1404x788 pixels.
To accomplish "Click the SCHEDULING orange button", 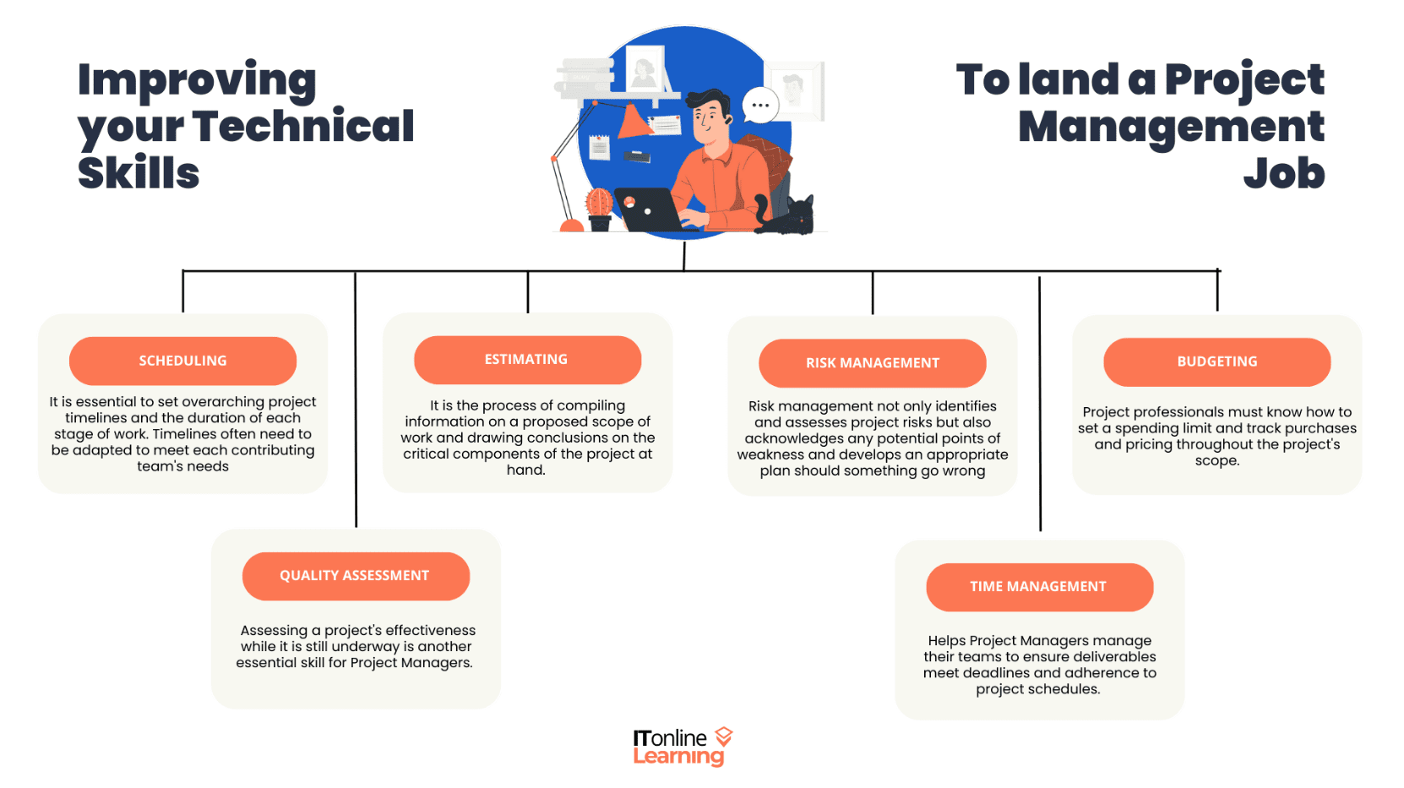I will pyautogui.click(x=182, y=361).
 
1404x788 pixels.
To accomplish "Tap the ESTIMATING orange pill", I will pyautogui.click(x=527, y=360).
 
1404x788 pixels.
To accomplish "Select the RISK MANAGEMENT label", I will pyautogui.click(x=872, y=363).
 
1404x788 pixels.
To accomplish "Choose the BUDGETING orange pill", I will pyautogui.click(x=1216, y=361).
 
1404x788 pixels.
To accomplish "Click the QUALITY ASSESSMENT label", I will pyautogui.click(x=355, y=576).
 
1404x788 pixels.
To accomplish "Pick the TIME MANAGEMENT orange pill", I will pyautogui.click(x=1038, y=587).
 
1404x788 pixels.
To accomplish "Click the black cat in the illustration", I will pyautogui.click(x=791, y=215).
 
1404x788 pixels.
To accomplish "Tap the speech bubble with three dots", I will pyautogui.click(x=760, y=106).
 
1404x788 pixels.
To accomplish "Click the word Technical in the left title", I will pyautogui.click(x=303, y=127).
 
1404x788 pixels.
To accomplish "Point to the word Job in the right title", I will pyautogui.click(x=1283, y=174).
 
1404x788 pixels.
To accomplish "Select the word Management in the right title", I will pyautogui.click(x=1171, y=127).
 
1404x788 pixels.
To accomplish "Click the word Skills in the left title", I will pyautogui.click(x=139, y=174).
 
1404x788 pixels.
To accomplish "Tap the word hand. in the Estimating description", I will pyautogui.click(x=526, y=470).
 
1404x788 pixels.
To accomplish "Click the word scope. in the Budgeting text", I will pyautogui.click(x=1216, y=461).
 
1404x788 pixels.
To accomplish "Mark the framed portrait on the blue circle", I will pyautogui.click(x=645, y=69).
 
